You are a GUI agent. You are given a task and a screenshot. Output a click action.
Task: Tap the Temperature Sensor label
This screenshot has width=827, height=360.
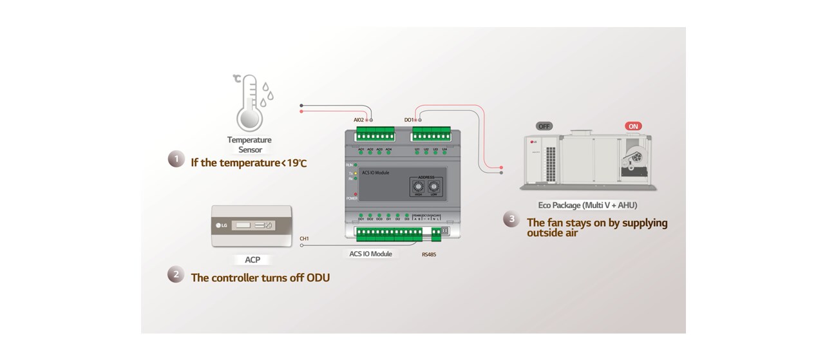point(249,145)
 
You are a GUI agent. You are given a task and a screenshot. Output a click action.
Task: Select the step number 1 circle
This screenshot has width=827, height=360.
point(176,160)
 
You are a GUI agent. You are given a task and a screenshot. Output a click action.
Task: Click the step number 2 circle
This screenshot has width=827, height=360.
point(176,275)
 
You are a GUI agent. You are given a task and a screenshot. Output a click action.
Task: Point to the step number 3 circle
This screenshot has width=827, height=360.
point(511,220)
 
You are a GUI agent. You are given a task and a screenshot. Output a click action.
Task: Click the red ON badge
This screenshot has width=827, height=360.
point(633,126)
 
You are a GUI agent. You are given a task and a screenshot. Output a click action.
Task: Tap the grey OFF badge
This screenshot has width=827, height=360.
point(544,126)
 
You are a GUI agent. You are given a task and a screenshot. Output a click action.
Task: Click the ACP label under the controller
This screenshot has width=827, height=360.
point(252,260)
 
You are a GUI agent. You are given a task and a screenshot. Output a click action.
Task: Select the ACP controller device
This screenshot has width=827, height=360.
point(252,227)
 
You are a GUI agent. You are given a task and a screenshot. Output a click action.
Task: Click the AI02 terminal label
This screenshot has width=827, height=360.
point(359,120)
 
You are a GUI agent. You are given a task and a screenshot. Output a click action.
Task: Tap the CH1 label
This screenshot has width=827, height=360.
point(304,238)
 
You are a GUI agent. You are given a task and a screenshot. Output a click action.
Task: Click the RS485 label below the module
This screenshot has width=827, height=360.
point(429,254)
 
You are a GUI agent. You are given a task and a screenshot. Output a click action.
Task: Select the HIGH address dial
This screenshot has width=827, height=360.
point(419,187)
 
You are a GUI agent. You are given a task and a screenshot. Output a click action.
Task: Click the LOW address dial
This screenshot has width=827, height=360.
point(434,187)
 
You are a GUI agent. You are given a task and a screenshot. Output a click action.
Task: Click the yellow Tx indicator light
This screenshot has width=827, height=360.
point(355,173)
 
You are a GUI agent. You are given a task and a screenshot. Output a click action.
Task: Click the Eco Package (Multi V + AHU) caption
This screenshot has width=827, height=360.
point(587,205)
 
